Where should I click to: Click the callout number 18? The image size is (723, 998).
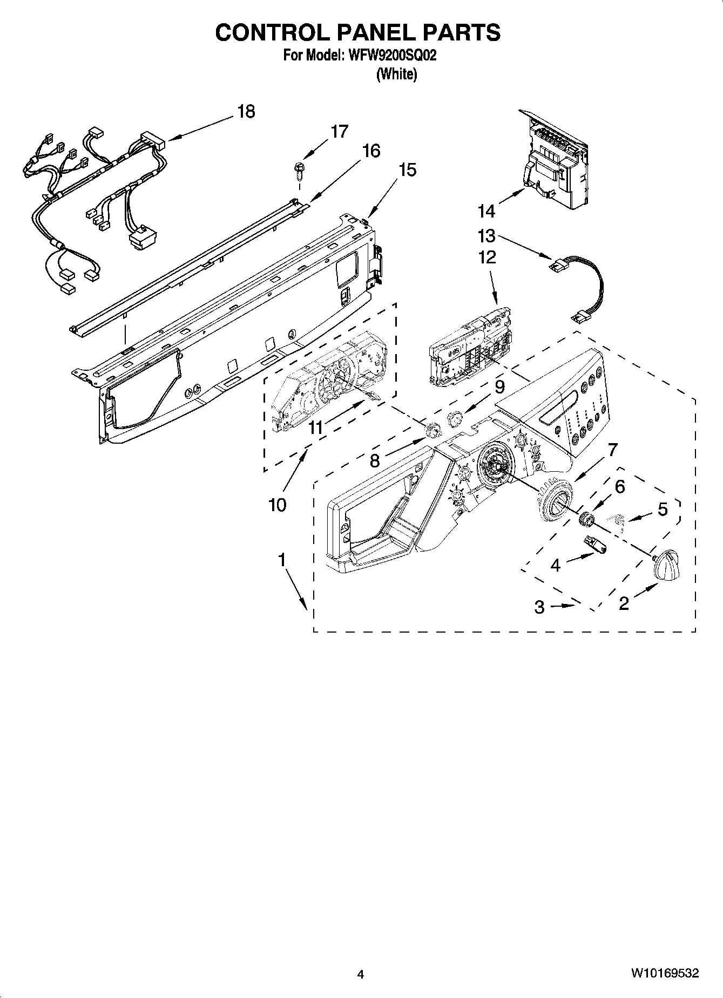coord(246,112)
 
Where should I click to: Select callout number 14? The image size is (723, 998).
coord(486,211)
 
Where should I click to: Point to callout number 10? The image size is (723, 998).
coord(277,505)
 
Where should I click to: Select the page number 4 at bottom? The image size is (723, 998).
coord(361,974)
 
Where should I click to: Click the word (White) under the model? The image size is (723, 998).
coord(396,74)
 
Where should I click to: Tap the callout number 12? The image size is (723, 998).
coord(487,256)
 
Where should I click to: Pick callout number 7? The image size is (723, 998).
coord(612,449)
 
